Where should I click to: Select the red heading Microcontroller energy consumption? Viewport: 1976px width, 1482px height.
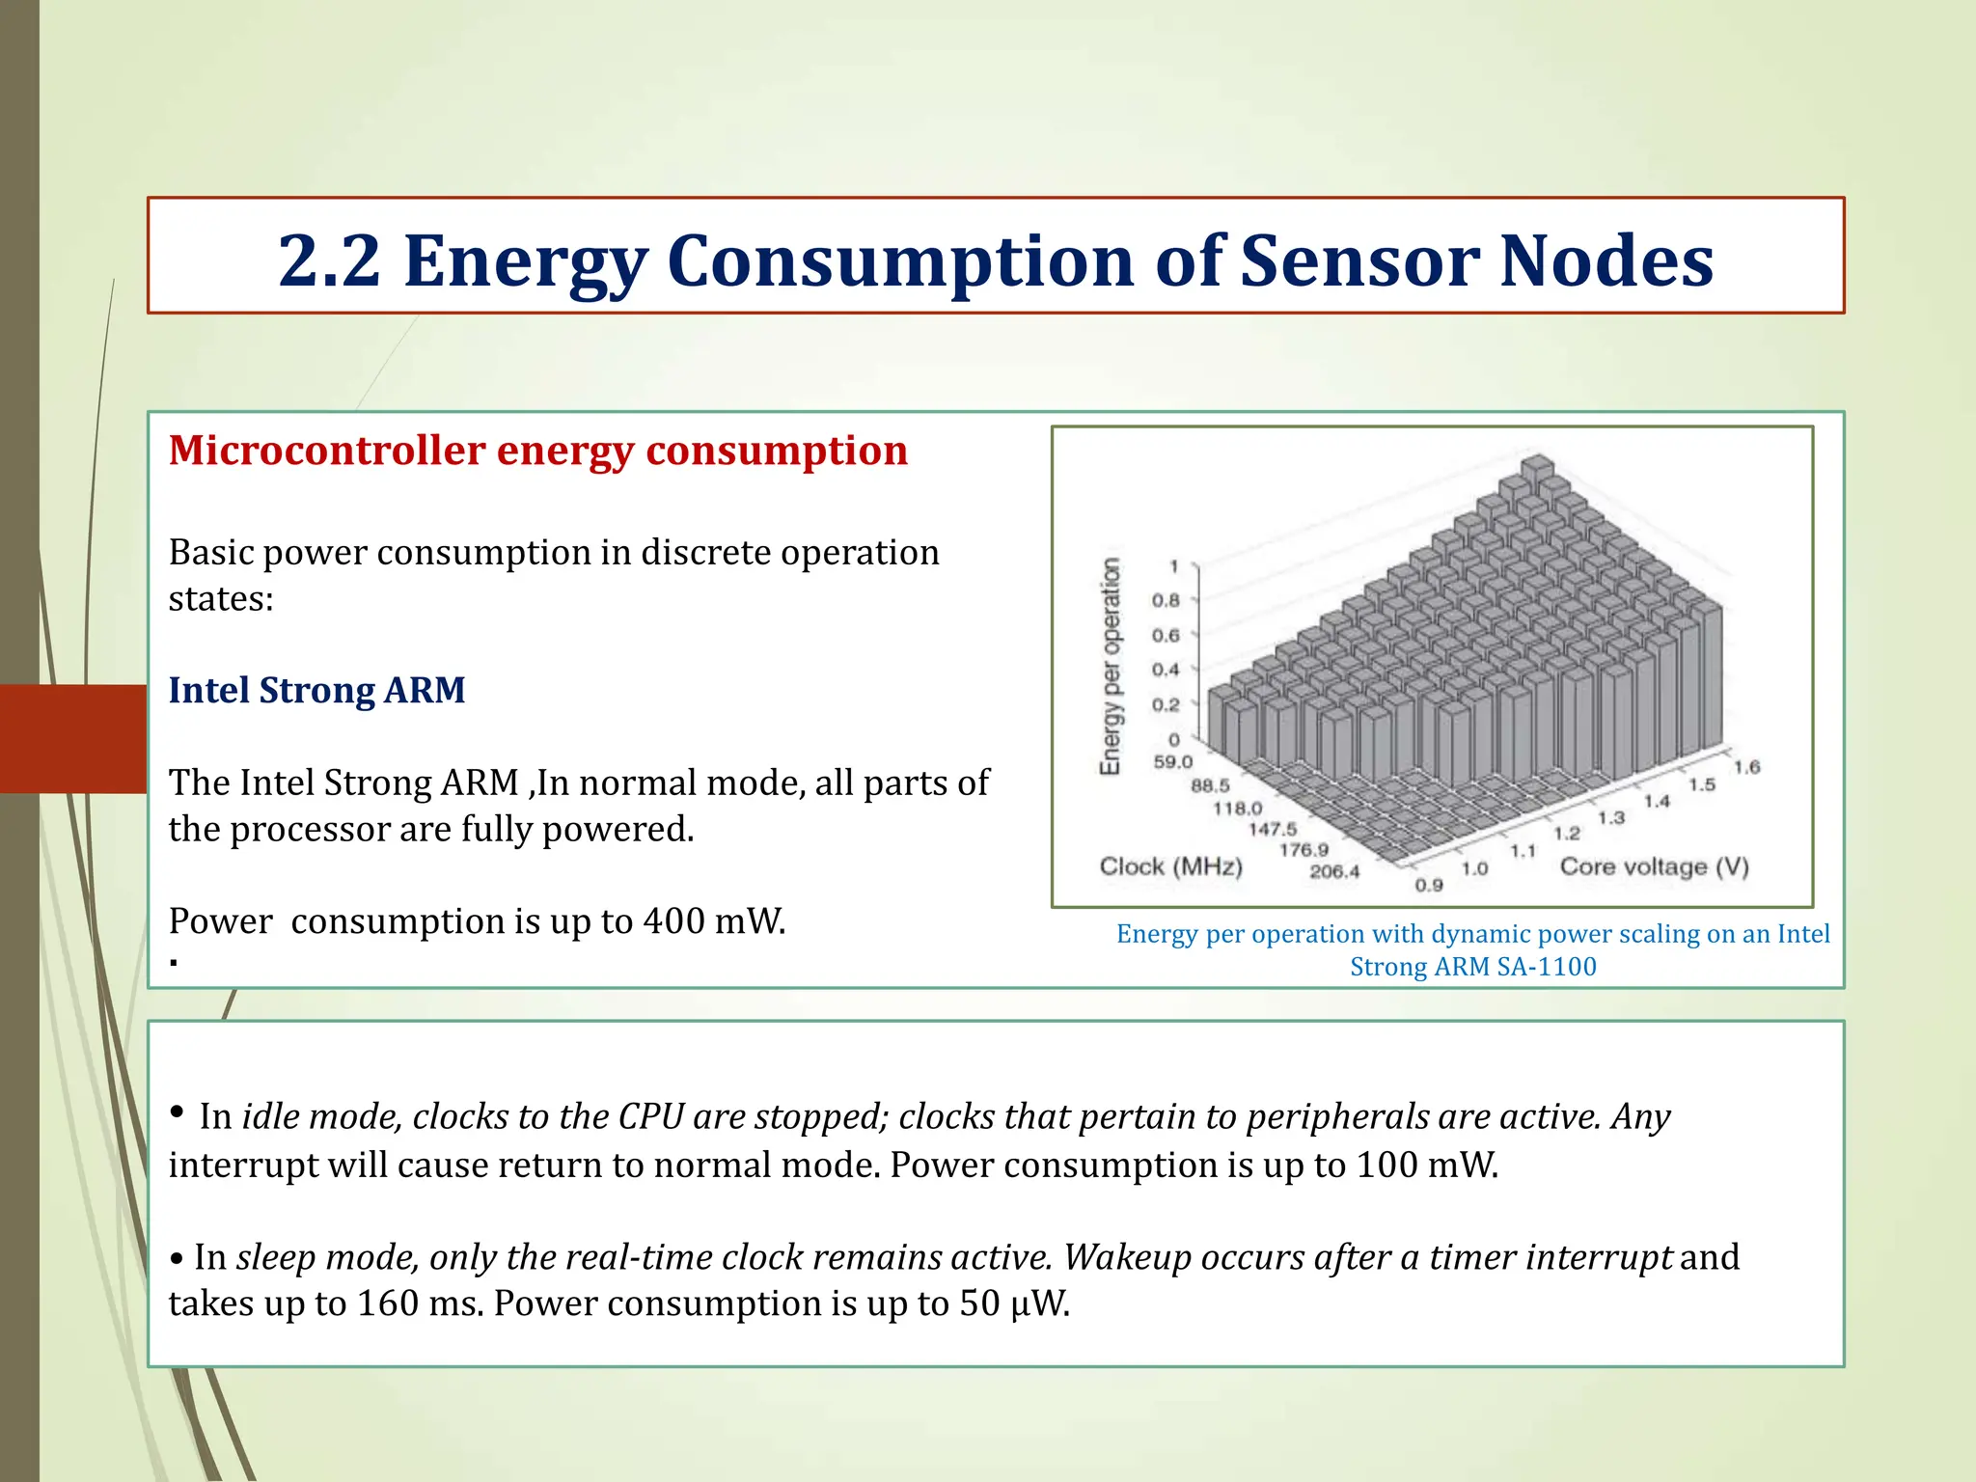538,451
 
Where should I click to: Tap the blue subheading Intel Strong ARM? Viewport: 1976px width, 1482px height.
316,690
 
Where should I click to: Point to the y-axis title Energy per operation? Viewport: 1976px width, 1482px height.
1111,666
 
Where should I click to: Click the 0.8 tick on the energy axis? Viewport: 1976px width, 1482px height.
1166,600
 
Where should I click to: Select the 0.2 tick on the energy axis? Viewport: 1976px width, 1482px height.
1166,704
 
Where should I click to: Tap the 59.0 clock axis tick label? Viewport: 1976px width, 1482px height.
1173,762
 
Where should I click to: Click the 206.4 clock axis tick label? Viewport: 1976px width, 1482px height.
1334,871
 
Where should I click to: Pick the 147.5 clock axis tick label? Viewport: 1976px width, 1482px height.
1273,829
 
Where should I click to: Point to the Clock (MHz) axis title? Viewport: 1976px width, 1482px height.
1170,866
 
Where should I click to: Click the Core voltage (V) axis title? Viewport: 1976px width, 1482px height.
1654,866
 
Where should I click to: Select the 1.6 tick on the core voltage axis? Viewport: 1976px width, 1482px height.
1746,767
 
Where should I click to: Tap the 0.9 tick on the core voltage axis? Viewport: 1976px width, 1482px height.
1429,885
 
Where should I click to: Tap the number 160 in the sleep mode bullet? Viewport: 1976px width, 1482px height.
388,1304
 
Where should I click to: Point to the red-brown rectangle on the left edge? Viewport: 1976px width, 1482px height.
73,738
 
